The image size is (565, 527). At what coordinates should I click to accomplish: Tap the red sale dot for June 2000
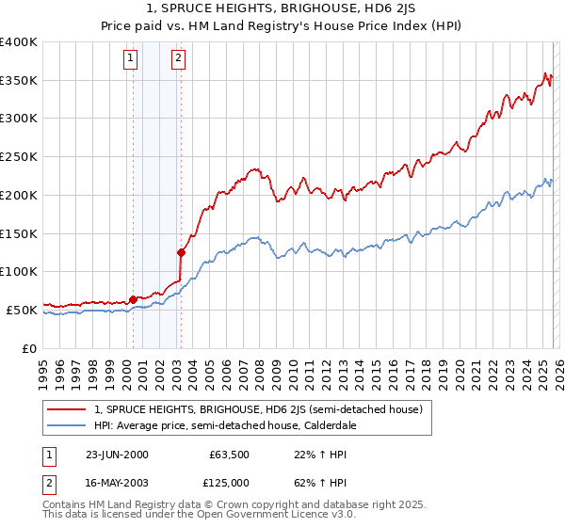[x=133, y=298]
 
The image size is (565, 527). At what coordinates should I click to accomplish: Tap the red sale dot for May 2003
[x=181, y=251]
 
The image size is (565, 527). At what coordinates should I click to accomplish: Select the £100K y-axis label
[x=19, y=271]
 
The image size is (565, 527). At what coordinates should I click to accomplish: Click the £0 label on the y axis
[x=28, y=348]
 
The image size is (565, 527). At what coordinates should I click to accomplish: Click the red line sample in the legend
[x=67, y=409]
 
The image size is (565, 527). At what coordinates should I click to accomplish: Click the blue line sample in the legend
[x=67, y=425]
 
